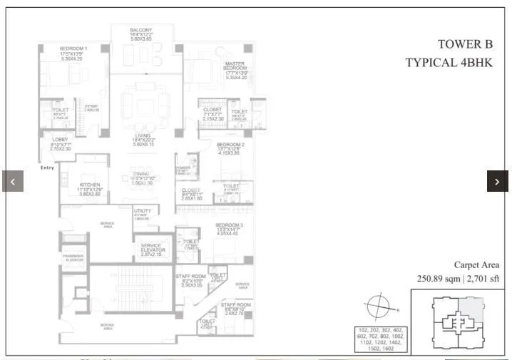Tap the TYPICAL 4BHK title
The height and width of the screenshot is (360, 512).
click(449, 62)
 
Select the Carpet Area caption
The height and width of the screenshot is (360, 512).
click(476, 265)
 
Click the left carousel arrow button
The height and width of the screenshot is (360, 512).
click(12, 181)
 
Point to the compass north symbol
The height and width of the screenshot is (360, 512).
click(378, 308)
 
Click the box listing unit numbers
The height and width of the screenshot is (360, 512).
click(382, 339)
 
